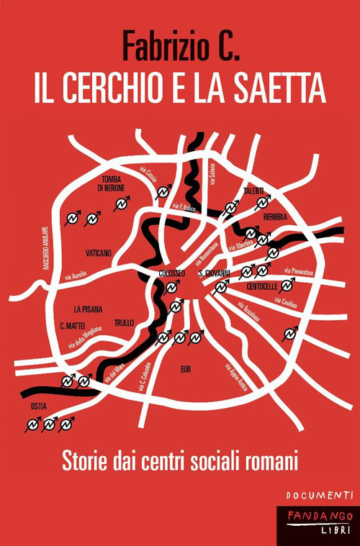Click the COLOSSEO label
click(171, 273)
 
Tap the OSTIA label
click(39, 406)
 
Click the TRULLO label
click(124, 323)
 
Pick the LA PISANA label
click(87, 309)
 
